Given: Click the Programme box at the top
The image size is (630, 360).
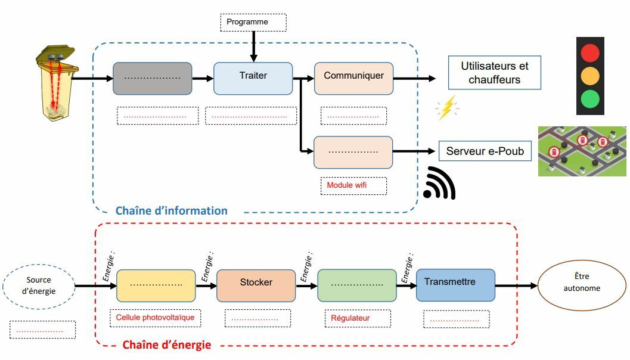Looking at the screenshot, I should click(253, 23).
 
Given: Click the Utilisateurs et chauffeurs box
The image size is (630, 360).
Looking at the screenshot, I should click(494, 73).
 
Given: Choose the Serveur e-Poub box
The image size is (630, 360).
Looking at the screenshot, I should click(485, 151).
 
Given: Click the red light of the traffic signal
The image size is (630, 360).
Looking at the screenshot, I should click(590, 53).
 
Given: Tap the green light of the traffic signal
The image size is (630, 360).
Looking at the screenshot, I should click(590, 98).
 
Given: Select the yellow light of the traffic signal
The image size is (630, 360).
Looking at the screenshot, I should click(590, 76).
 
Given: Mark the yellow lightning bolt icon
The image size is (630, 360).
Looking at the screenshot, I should click(446, 108).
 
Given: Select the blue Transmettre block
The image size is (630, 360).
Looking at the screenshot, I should click(455, 284).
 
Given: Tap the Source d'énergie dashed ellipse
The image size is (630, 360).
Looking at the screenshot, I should click(39, 286).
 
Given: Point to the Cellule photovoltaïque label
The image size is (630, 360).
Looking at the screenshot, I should click(155, 318).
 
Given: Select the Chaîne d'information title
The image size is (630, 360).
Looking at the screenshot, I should click(171, 210).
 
